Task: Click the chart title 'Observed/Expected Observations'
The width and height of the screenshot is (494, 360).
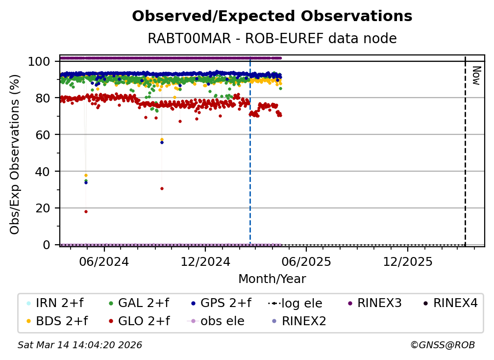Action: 272,16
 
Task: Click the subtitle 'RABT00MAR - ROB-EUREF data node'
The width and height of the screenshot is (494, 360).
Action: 272,39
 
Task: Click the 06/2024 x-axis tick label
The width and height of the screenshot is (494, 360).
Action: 104,261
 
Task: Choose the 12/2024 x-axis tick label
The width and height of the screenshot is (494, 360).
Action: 205,261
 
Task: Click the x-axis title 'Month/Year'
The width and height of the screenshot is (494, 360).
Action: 272,279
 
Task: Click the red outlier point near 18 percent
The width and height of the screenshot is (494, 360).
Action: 86,211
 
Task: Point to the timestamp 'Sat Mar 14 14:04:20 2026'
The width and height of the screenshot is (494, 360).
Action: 80,345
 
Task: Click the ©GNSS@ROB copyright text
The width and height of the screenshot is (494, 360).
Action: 442,345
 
